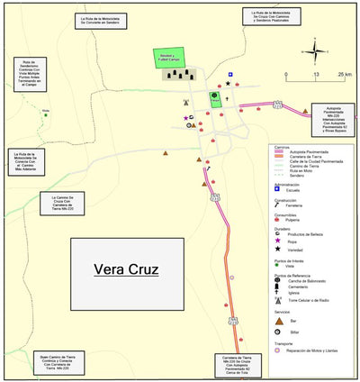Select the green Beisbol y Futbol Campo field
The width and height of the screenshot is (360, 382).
(x=168, y=58)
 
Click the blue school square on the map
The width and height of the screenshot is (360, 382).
(x=229, y=74)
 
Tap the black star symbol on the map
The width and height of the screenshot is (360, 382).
(x=228, y=84)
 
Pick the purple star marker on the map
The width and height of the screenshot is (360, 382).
(x=185, y=118)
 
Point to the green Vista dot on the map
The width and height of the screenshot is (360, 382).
(x=46, y=114)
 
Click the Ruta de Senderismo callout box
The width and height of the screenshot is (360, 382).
(x=28, y=77)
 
